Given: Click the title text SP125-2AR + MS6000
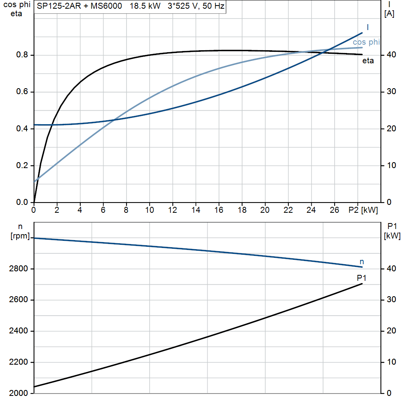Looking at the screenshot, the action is tap(79, 6).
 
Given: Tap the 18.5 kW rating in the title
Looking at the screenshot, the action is tap(145, 6).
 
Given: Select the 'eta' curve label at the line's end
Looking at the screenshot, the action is tap(368, 61).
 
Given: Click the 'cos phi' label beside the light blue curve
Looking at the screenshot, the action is tap(366, 42).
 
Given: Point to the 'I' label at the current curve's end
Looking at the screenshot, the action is tap(368, 27).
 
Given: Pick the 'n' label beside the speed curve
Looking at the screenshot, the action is tap(361, 262).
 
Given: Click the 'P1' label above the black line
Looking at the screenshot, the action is tap(361, 278).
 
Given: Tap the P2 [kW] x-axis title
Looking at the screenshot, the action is tap(363, 210).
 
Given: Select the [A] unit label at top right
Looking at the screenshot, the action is tap(389, 14).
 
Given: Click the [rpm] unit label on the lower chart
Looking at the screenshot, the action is tap(20, 236).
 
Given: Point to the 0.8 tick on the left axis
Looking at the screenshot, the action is tap(22, 55).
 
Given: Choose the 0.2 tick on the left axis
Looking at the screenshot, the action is tap(22, 165).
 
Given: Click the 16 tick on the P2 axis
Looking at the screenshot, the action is tap(219, 210).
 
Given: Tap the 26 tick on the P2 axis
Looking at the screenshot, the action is tap(334, 210).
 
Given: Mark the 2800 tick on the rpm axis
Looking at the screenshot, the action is tap(18, 269).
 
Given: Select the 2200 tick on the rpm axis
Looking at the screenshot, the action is tap(18, 362).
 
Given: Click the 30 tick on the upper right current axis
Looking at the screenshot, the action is tap(391, 91).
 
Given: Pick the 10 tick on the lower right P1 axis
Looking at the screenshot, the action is tap(391, 362).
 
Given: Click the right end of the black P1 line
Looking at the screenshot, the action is tap(362, 284).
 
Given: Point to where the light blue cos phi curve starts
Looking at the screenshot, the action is tap(34, 182).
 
